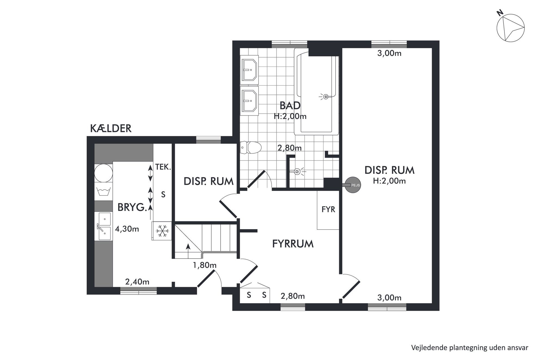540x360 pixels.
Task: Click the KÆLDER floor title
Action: (111, 128)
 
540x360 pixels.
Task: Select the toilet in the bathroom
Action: (251, 147)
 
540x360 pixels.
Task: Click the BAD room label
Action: (290, 105)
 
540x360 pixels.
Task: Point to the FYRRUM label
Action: (293, 244)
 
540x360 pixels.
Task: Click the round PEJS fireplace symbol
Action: (353, 185)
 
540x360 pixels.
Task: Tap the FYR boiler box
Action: (328, 210)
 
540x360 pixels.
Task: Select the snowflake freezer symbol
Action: (162, 231)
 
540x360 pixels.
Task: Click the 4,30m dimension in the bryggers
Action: (127, 229)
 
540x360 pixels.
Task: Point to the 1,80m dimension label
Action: (205, 265)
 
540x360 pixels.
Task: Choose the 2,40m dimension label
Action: (137, 282)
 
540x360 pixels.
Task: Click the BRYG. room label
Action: (132, 208)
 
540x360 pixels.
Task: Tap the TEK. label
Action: (163, 167)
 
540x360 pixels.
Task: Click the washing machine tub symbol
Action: (103, 192)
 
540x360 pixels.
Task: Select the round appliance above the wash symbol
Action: (103, 173)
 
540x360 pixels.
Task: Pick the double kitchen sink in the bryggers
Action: (104, 226)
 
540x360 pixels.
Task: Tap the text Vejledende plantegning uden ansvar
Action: (470, 347)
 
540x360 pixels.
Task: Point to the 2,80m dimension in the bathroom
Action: (289, 148)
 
